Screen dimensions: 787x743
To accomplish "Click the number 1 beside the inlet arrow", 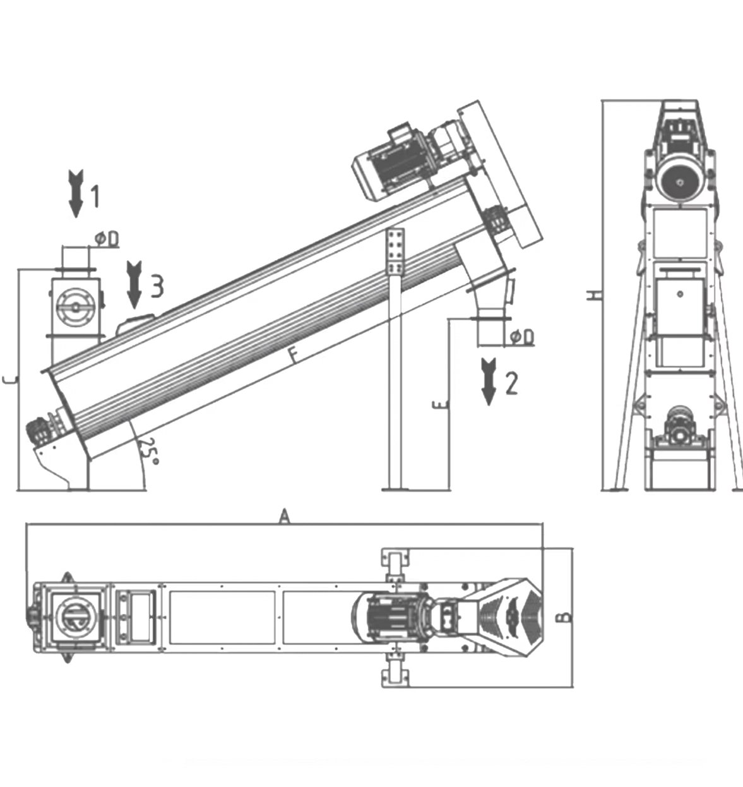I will [x=95, y=196].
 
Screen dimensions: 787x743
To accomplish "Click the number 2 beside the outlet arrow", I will [x=511, y=383].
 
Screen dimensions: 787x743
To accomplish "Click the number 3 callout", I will [x=156, y=285].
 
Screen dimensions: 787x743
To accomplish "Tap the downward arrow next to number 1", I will [x=76, y=193].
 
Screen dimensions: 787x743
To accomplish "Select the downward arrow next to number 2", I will [x=489, y=381].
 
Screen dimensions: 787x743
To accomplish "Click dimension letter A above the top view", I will [x=285, y=517].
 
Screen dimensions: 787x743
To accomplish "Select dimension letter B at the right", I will [x=566, y=616].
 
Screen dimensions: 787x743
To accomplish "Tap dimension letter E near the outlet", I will [x=440, y=404].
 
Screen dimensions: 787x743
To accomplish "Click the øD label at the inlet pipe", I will [x=107, y=239].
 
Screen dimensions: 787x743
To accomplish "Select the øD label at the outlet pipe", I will [x=521, y=337].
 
